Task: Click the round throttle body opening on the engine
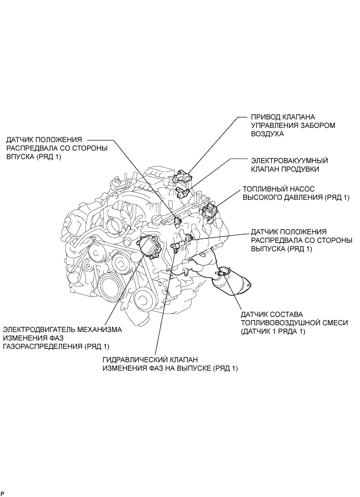(x=114, y=226)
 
